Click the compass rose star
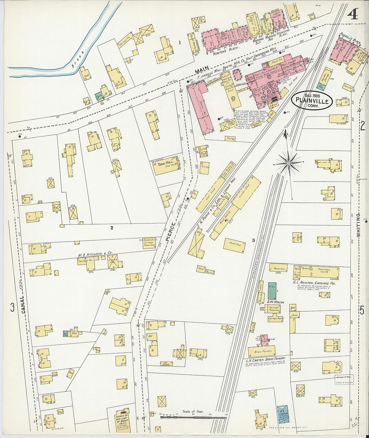(289, 163)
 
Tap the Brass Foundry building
(262, 351)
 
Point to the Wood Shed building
(234, 245)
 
